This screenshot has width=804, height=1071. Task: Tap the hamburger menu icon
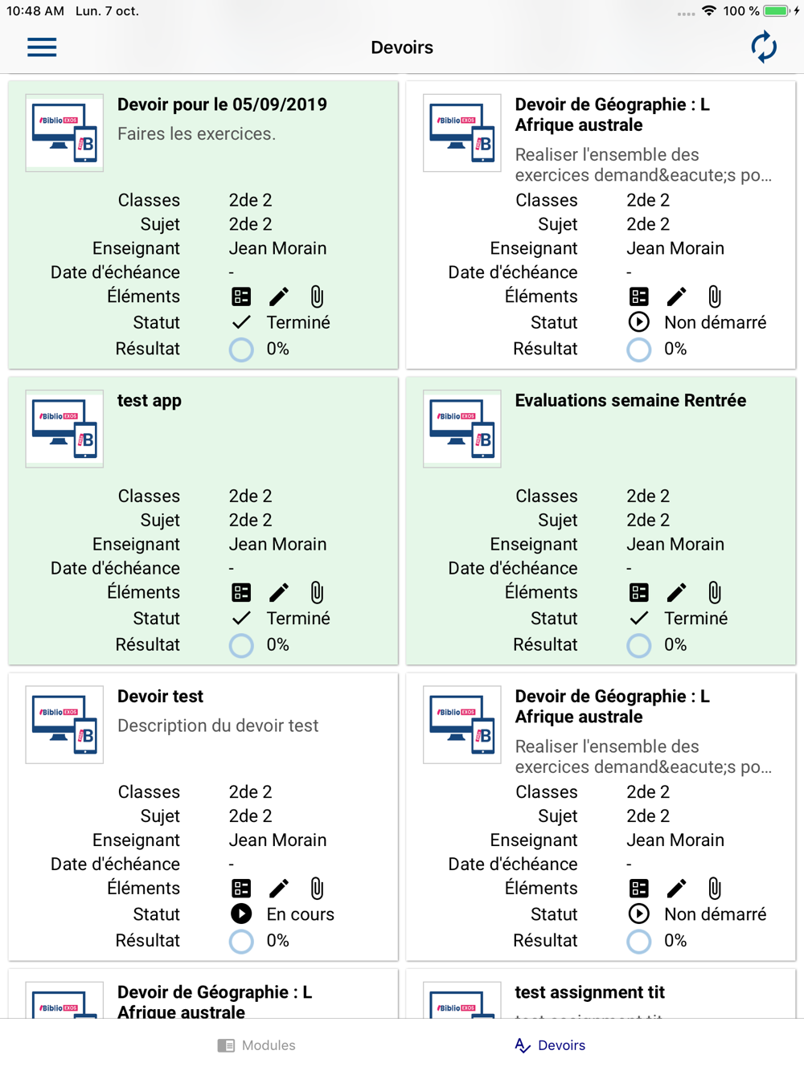click(42, 47)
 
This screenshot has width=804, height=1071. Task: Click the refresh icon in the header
click(764, 47)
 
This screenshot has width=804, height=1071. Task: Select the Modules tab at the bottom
click(256, 1045)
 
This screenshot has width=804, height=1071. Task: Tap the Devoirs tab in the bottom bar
click(550, 1045)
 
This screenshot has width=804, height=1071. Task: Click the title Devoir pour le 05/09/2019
click(222, 104)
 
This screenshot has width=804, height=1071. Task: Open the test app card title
click(150, 401)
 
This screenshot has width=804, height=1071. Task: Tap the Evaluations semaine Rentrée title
click(630, 400)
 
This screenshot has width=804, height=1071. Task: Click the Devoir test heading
click(160, 697)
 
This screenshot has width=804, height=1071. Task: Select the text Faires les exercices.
click(197, 133)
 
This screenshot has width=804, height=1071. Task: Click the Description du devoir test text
click(218, 726)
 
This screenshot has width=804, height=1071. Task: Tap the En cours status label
click(300, 914)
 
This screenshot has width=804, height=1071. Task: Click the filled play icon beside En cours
click(241, 914)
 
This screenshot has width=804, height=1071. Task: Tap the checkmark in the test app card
click(241, 618)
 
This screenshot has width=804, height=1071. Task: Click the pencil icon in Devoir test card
click(279, 889)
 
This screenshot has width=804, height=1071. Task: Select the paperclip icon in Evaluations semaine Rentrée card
click(714, 592)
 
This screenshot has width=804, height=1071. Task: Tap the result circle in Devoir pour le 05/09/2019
click(241, 350)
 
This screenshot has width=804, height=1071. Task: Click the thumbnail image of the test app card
click(64, 429)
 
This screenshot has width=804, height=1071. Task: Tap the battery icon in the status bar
click(777, 10)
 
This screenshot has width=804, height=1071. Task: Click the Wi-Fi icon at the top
click(709, 10)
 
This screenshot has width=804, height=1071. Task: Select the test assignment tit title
click(589, 992)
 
